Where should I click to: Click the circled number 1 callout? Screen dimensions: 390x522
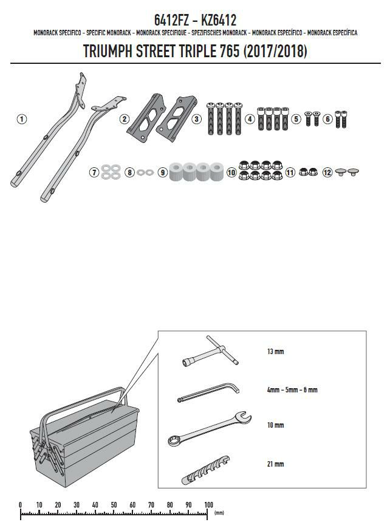pos(22,119)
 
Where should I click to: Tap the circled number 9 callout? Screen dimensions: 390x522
pos(162,172)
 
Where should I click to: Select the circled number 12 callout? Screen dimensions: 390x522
pos(327,172)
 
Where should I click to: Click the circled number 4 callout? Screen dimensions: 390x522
pos(250,119)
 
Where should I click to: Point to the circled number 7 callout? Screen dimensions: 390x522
pos(94,172)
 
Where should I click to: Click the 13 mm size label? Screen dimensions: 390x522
pos(275,351)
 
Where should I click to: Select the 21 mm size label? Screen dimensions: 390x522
pos(275,464)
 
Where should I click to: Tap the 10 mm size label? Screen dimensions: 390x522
pos(275,425)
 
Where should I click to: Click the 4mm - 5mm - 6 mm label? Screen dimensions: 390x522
pos(292,389)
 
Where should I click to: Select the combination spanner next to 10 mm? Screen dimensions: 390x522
pos(210,429)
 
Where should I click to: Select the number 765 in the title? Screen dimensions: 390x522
pos(229,51)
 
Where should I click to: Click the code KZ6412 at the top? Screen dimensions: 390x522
pos(219,20)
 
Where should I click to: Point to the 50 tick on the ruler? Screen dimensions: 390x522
pos(114,505)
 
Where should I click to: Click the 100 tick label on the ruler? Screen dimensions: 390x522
pos(208,505)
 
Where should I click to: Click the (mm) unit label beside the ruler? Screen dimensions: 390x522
pos(219,513)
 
